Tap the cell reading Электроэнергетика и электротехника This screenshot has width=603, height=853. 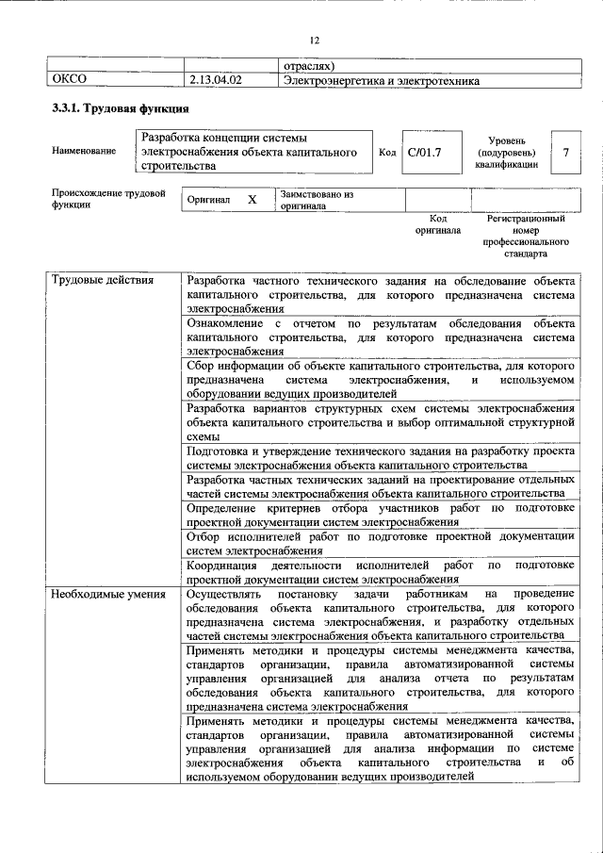[x=382, y=81]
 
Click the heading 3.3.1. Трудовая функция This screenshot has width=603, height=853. [x=114, y=110]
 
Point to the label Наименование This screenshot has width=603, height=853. [x=85, y=152]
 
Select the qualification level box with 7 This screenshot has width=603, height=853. [x=565, y=152]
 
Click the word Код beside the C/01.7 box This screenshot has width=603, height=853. [x=386, y=152]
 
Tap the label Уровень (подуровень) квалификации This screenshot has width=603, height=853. [x=506, y=152]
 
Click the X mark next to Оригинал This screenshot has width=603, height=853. [x=252, y=201]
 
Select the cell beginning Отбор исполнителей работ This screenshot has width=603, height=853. [x=380, y=543]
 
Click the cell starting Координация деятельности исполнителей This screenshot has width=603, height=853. [x=380, y=571]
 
